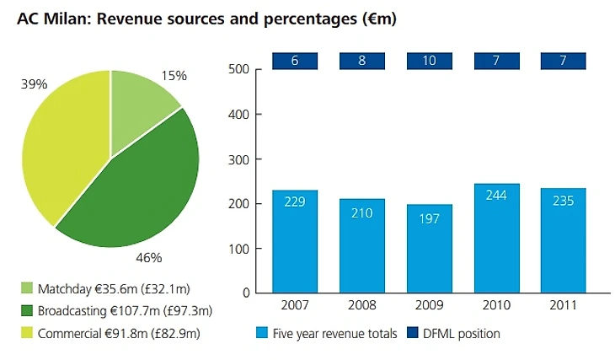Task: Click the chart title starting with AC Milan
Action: pyautogui.click(x=206, y=17)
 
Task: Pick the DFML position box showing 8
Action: pyautogui.click(x=362, y=62)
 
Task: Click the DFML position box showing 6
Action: pyautogui.click(x=295, y=62)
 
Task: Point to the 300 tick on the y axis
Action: pyautogui.click(x=240, y=159)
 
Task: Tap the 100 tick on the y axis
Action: pyautogui.click(x=240, y=249)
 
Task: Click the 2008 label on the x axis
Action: pyautogui.click(x=362, y=304)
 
